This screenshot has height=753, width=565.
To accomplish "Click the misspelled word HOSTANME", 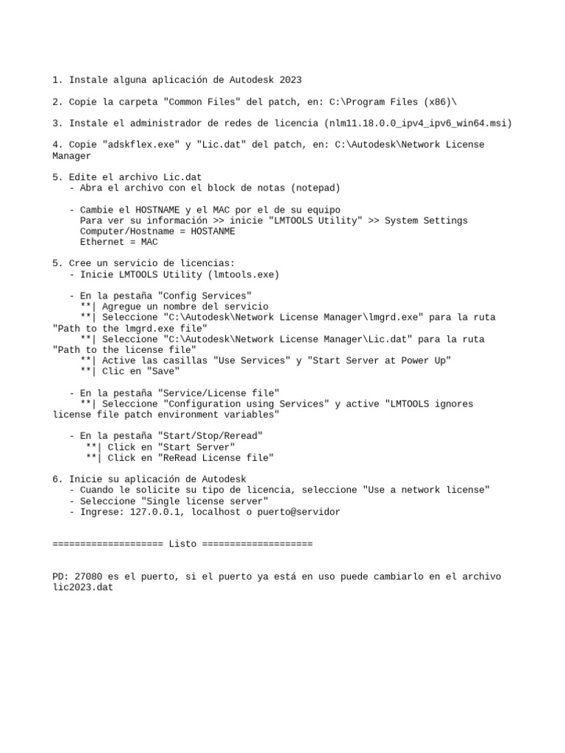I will pos(213,231).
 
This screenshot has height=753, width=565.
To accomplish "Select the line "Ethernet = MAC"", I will pos(118,242).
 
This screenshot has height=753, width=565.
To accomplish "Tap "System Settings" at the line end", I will pos(426,221).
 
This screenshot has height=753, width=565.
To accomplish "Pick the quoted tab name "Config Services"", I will pos(205,296).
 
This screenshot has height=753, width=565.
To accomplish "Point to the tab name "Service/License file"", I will pos(218,393).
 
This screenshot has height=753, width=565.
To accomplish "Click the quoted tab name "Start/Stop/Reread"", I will pos(210,436).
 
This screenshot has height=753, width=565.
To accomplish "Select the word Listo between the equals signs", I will pos(182,544).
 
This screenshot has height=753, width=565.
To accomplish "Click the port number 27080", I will pos(88,577).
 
